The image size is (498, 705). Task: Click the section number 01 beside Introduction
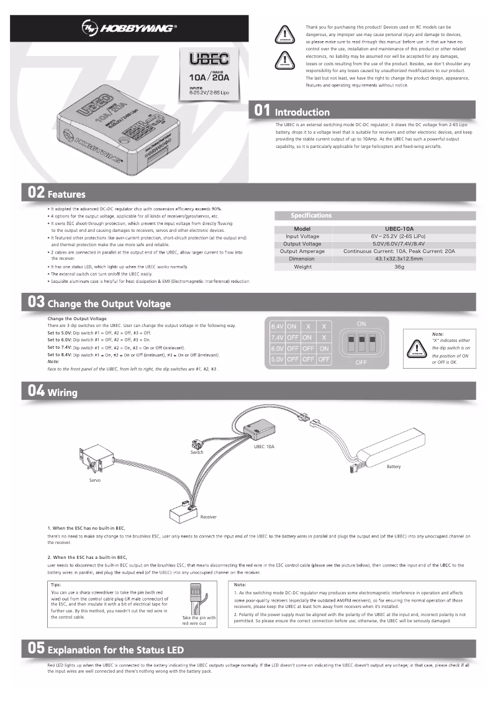coord(263,111)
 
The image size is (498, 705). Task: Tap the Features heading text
coord(66,194)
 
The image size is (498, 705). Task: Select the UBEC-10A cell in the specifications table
coord(399,229)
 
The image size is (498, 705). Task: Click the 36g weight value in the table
coord(399,266)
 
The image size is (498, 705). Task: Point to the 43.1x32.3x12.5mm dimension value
coord(399,259)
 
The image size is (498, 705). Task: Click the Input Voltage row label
coord(302,236)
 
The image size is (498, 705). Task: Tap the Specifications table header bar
coord(374,216)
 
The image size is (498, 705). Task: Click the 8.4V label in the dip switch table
coord(277,326)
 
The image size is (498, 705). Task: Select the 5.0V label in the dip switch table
coord(277,359)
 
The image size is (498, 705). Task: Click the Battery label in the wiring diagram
coord(394,466)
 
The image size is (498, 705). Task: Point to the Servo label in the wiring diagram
coord(94,481)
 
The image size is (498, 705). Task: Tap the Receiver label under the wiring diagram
coord(208,517)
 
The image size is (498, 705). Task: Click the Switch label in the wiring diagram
coord(196,452)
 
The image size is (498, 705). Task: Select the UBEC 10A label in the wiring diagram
coord(264,446)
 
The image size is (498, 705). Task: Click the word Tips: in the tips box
coord(55,585)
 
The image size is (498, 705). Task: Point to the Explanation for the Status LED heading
coord(115,650)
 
